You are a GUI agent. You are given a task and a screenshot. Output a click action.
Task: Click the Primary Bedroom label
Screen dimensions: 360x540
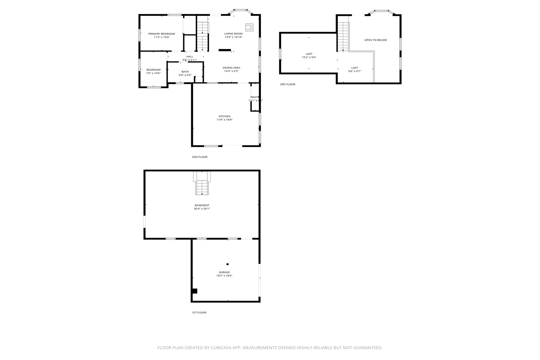point(161,34)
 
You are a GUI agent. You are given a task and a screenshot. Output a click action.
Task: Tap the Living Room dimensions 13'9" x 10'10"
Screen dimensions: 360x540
point(233,37)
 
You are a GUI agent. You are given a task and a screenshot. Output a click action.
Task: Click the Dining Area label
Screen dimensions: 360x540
point(231,68)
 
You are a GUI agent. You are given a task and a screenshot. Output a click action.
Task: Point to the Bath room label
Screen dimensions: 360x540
point(185,72)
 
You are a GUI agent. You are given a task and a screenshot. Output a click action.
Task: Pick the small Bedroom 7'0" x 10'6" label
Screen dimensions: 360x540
point(153,70)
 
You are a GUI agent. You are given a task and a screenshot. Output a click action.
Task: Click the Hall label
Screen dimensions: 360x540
point(190,57)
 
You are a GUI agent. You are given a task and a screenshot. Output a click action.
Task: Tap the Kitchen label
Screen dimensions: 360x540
point(224,116)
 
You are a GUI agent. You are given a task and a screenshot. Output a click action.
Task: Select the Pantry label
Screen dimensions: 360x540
point(255,97)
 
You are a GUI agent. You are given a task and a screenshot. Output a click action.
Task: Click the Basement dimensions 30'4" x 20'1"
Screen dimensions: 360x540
point(202,209)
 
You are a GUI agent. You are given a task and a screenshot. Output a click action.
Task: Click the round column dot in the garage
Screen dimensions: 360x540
point(227,264)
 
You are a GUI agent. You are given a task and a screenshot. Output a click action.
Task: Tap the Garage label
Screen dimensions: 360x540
point(224,272)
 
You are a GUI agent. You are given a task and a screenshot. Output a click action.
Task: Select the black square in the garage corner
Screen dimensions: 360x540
point(194,291)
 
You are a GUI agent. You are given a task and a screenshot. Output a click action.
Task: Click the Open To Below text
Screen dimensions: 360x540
point(376,40)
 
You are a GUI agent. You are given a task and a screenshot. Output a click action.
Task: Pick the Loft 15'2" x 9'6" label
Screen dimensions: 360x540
point(309,54)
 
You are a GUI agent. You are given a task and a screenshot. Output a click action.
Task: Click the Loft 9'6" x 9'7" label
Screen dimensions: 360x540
point(355,68)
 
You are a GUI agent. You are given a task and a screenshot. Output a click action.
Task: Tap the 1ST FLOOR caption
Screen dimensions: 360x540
point(199,313)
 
